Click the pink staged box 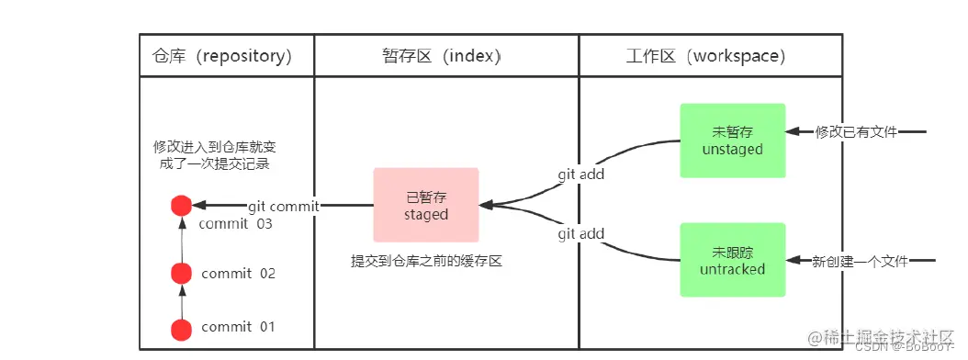point(426,205)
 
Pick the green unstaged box point(732,140)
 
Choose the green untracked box point(732,260)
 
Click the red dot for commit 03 point(182,206)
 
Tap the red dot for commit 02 point(182,273)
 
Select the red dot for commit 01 point(182,328)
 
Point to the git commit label point(283,207)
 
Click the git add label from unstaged point(580,174)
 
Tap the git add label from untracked point(580,234)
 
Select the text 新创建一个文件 point(860,263)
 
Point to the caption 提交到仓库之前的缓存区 point(426,262)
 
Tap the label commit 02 point(238,274)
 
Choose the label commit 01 point(238,328)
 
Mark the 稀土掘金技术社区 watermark point(887,337)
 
